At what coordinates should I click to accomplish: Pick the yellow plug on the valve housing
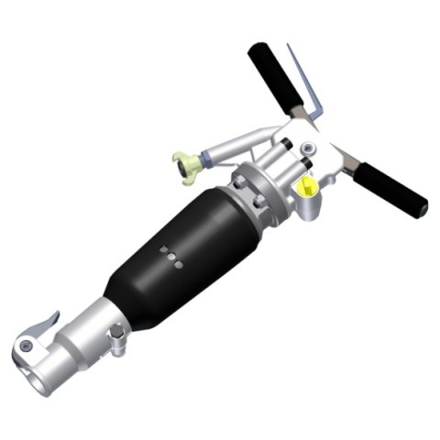click(x=309, y=187)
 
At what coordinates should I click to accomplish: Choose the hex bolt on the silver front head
click(x=116, y=341)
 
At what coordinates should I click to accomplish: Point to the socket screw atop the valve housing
click(x=288, y=145)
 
